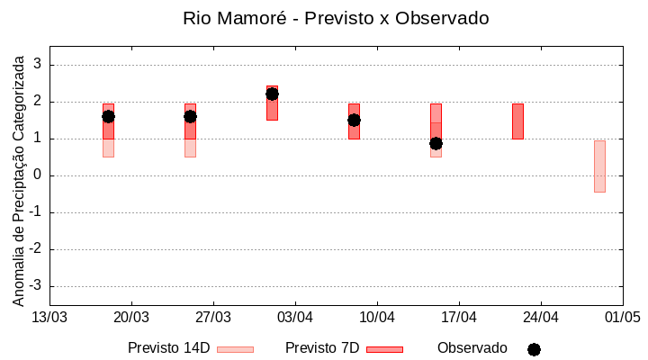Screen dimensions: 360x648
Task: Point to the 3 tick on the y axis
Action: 39,65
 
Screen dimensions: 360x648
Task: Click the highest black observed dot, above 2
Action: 272,94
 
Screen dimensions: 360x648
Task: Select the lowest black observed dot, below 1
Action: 436,143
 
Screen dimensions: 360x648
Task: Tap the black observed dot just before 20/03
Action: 108,116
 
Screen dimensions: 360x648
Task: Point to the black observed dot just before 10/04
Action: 354,120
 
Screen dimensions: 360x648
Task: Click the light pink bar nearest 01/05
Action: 599,166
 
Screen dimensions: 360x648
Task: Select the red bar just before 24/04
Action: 517,121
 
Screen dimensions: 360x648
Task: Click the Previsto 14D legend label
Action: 168,348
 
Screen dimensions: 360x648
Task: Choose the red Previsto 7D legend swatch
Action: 384,349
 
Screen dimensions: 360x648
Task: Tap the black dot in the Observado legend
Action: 534,349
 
